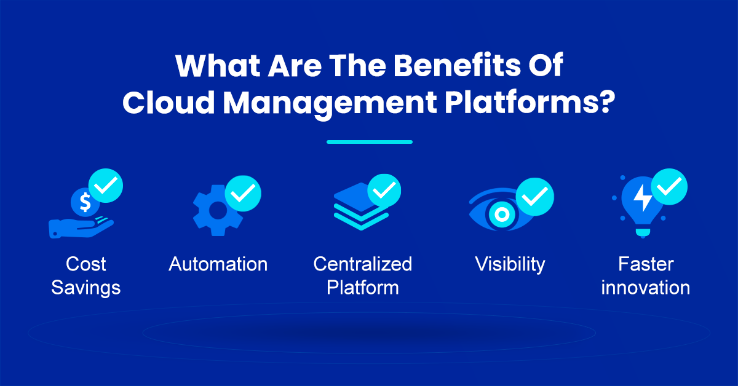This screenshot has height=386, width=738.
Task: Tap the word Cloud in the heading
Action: [169, 102]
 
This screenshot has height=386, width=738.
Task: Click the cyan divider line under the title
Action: [370, 142]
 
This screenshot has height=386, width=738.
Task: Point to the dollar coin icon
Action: [85, 202]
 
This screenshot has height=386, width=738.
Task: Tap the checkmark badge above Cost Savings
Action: [106, 186]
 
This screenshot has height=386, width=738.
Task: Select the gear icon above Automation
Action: [218, 211]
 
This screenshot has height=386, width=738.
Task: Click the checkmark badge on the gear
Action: [243, 194]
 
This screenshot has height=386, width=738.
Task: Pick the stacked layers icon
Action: [362, 207]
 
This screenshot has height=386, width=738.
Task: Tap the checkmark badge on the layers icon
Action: [384, 191]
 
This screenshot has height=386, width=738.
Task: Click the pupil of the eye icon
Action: [502, 215]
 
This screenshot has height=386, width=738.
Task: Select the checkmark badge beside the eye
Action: [534, 197]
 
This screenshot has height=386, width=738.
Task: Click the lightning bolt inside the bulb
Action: [643, 198]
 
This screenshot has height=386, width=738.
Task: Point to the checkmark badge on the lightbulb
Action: [669, 187]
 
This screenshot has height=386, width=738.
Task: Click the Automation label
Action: [218, 264]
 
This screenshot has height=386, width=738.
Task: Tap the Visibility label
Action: [510, 265]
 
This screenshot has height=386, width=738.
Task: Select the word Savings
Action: [86, 288]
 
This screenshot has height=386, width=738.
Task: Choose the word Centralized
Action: [363, 264]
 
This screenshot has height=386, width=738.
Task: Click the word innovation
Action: [645, 288]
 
